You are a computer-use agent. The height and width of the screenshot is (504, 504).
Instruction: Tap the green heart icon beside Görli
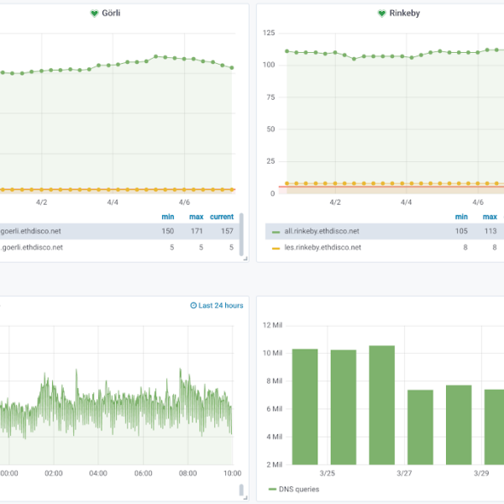click(94, 13)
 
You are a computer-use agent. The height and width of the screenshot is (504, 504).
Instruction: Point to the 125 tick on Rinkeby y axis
click(269, 33)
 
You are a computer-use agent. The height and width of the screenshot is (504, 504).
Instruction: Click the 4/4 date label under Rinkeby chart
click(406, 202)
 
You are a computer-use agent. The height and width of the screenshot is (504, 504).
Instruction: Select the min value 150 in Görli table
click(168, 231)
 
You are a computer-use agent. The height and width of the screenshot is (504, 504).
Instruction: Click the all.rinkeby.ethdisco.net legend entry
click(322, 231)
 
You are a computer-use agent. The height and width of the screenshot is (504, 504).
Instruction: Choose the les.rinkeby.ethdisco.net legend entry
click(322, 248)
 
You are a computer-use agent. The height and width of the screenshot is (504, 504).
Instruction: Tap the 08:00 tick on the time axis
click(187, 474)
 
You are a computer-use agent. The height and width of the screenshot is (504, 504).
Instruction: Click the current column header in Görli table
click(222, 217)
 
